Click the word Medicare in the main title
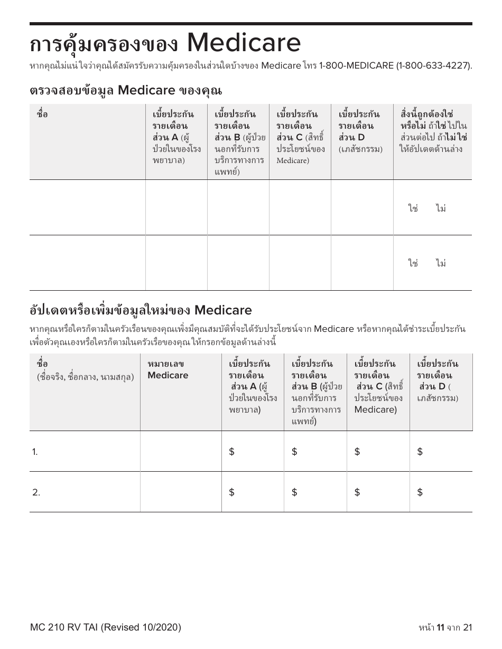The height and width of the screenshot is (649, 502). click(x=244, y=43)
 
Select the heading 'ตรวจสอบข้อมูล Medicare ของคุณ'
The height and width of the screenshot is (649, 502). click(x=126, y=90)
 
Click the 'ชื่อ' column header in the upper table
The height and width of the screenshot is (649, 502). click(x=42, y=114)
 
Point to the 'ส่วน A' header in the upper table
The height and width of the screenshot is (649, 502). click(x=166, y=138)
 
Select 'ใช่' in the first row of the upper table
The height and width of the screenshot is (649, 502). click(x=413, y=208)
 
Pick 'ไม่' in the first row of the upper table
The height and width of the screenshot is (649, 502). click(x=441, y=208)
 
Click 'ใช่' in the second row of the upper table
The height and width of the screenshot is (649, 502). click(x=413, y=263)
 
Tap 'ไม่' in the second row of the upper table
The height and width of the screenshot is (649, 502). click(x=441, y=263)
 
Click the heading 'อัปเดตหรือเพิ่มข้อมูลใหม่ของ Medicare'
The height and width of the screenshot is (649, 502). click(x=141, y=310)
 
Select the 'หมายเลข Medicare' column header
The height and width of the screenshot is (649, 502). click(x=168, y=369)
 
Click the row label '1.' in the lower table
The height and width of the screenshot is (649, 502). click(x=35, y=452)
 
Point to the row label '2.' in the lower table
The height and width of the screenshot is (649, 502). click(x=36, y=492)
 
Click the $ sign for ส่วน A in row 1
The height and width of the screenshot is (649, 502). click(x=231, y=452)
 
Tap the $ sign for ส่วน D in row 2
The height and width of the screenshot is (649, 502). click(x=420, y=492)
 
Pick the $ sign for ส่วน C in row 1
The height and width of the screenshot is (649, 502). click(x=357, y=452)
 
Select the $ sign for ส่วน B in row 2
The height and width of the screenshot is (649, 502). click(x=294, y=492)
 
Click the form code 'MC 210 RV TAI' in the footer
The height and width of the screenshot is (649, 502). click(x=64, y=627)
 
